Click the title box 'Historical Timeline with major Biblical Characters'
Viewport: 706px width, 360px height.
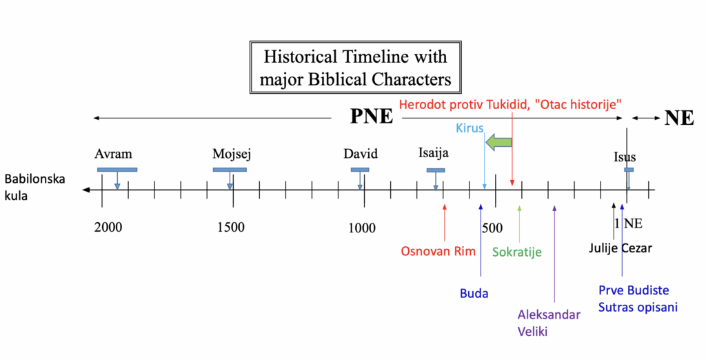pyautogui.click(x=355, y=68)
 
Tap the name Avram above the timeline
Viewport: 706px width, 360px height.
pyautogui.click(x=113, y=154)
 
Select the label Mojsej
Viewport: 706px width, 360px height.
pyautogui.click(x=231, y=154)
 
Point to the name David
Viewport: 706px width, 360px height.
pyautogui.click(x=361, y=154)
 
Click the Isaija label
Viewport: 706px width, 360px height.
pyautogui.click(x=434, y=154)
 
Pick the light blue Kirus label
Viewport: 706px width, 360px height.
pyautogui.click(x=470, y=128)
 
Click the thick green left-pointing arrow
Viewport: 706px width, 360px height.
pyautogui.click(x=498, y=143)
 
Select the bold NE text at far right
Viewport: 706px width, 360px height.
pyautogui.click(x=679, y=118)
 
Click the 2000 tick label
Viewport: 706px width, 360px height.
pyautogui.click(x=108, y=228)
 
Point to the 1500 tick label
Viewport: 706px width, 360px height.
pyautogui.click(x=230, y=228)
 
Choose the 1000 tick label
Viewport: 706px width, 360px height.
pyautogui.click(x=361, y=228)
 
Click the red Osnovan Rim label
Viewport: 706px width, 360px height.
pyautogui.click(x=438, y=251)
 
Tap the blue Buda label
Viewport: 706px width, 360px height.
pyautogui.click(x=474, y=294)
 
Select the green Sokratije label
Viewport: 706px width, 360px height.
pyautogui.click(x=517, y=252)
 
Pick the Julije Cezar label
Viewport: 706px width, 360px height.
pyautogui.click(x=621, y=248)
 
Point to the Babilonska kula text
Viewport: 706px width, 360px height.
pyautogui.click(x=34, y=187)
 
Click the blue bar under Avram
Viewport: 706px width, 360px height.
pyautogui.click(x=117, y=170)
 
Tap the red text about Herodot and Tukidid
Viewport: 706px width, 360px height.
pyautogui.click(x=511, y=103)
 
